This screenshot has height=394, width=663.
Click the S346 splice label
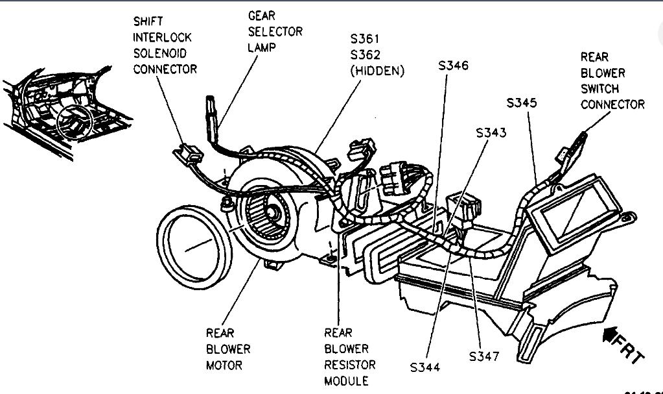[x=454, y=66]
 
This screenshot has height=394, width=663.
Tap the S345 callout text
[x=522, y=103]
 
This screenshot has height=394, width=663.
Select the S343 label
[x=491, y=132]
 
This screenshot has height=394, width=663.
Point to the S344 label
[x=425, y=367]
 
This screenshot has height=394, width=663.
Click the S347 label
[x=485, y=357]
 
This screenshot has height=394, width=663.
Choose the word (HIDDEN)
[x=377, y=71]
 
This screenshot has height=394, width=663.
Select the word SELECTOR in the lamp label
[x=275, y=31]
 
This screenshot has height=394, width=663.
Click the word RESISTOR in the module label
[x=350, y=365]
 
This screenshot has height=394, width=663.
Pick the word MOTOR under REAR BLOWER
[x=224, y=365]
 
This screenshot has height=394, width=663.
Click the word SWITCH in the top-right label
[x=599, y=89]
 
